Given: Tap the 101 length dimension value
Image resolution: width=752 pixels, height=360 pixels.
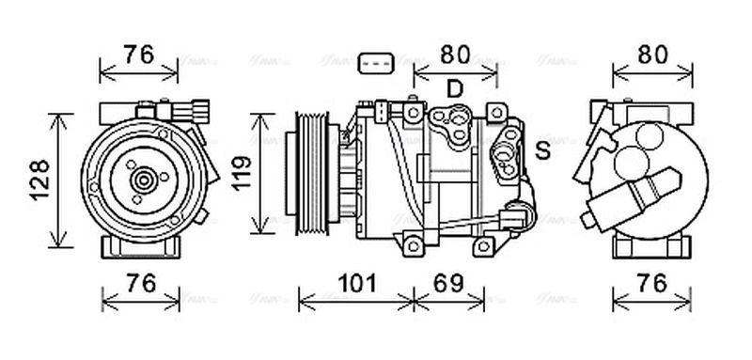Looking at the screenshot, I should pos(356,281).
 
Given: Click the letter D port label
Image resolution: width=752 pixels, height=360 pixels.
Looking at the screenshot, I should pos(455,89).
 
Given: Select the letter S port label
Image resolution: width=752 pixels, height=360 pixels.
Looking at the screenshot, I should pos(542,149).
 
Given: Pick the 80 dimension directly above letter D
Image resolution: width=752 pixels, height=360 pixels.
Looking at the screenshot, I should pos(455,54).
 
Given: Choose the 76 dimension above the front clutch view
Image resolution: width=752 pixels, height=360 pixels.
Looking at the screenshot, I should pos(139,54).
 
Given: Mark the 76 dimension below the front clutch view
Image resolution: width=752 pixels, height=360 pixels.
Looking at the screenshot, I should pos(139,281).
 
